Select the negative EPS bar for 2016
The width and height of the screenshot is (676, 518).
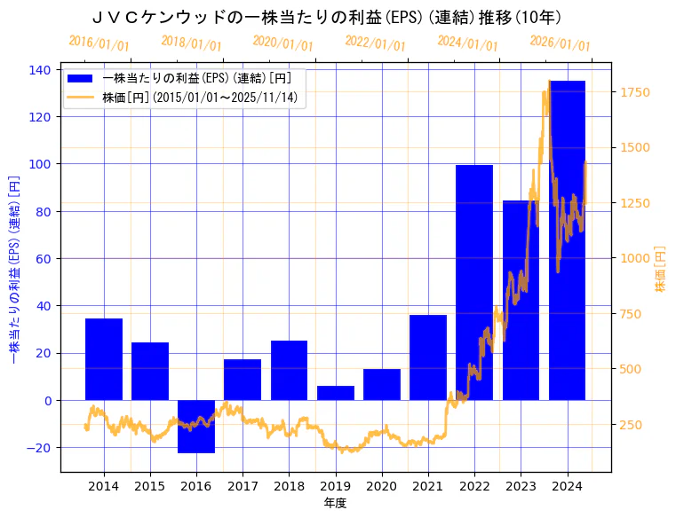click(196, 426)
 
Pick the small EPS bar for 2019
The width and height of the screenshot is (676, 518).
click(335, 393)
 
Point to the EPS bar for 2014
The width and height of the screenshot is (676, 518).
click(104, 359)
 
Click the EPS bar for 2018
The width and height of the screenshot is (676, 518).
click(289, 370)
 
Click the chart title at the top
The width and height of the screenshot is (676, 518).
click(327, 18)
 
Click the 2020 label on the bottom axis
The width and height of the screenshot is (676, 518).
click(381, 485)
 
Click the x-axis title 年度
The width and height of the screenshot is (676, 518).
click(335, 503)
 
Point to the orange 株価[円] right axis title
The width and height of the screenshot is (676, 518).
click(660, 270)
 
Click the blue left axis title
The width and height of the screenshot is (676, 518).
click(13, 270)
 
